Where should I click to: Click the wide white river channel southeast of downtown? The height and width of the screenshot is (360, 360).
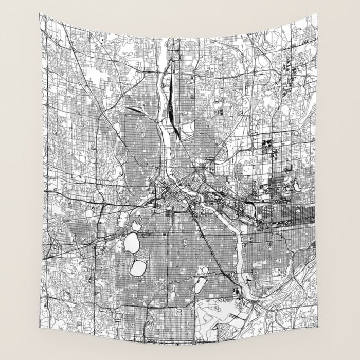tap(238, 242)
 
